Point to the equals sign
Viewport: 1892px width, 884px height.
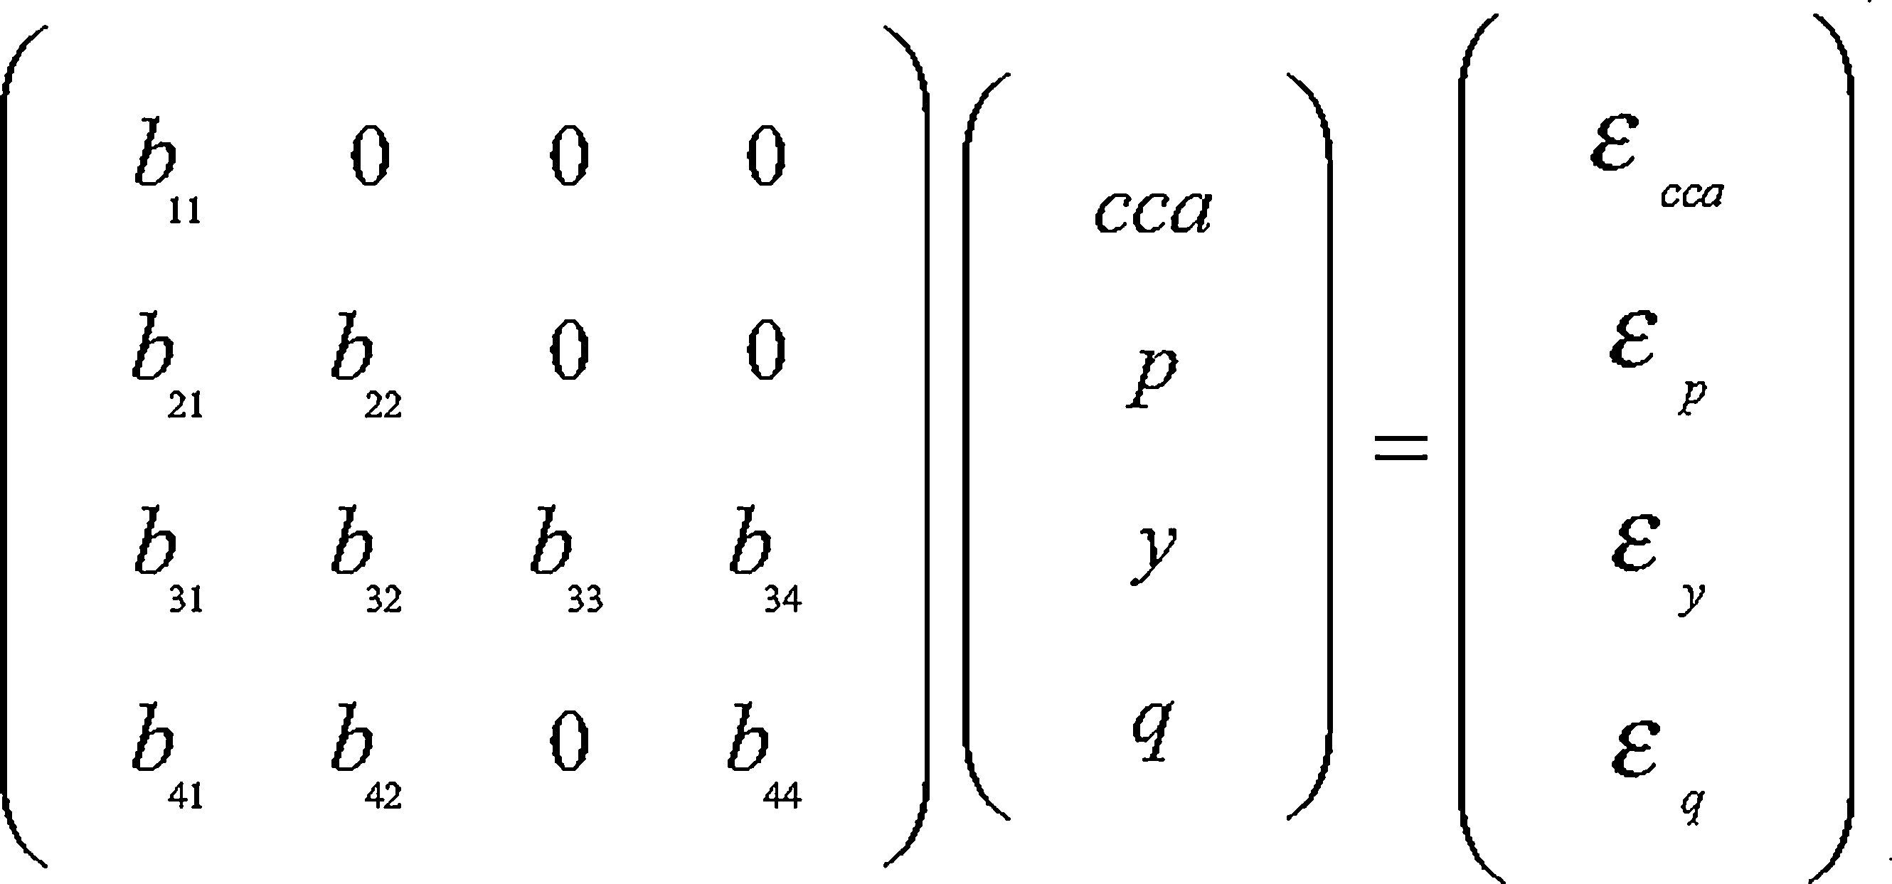[x=1401, y=447]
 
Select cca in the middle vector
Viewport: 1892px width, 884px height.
[x=1152, y=212]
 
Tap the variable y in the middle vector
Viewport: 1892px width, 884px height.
[x=1153, y=553]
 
